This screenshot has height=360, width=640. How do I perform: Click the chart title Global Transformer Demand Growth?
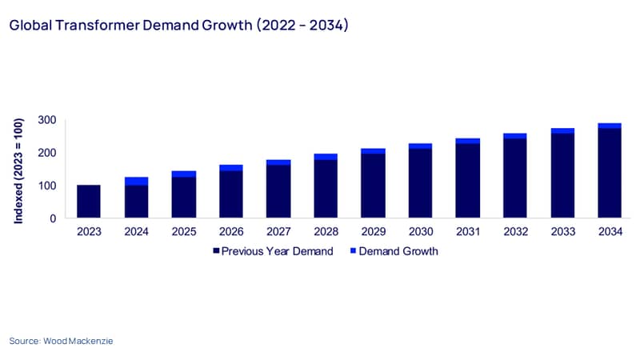[x=131, y=26]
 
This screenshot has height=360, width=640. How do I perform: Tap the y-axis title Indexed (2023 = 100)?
[x=18, y=171]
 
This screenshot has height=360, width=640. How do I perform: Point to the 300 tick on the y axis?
[x=47, y=120]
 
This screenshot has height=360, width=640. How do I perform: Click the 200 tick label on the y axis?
[x=47, y=153]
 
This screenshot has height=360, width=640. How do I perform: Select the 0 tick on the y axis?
[x=53, y=218]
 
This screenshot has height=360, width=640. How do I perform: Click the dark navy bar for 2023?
[x=89, y=202]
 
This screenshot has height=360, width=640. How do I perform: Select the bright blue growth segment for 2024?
[x=136, y=182]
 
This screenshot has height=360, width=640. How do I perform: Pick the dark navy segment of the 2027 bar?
[x=278, y=191]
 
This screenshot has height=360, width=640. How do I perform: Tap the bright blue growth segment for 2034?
[x=610, y=126]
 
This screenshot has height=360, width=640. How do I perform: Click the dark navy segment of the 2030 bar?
[x=421, y=183]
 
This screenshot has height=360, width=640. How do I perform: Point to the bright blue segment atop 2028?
[x=326, y=157]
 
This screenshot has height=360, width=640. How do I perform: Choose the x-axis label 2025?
[x=184, y=232]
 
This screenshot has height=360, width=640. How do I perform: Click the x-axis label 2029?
[x=374, y=232]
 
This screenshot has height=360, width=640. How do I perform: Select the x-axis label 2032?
[x=515, y=232]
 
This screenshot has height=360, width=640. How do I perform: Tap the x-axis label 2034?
[x=610, y=232]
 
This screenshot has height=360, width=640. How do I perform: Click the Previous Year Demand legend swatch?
[x=216, y=250]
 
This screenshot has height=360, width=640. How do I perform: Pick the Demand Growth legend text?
[x=398, y=251]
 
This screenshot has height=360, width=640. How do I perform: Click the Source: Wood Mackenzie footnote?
[x=62, y=341]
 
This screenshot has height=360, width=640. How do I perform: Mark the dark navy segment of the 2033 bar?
[x=562, y=175]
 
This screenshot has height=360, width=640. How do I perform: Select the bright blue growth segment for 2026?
[x=231, y=168]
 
